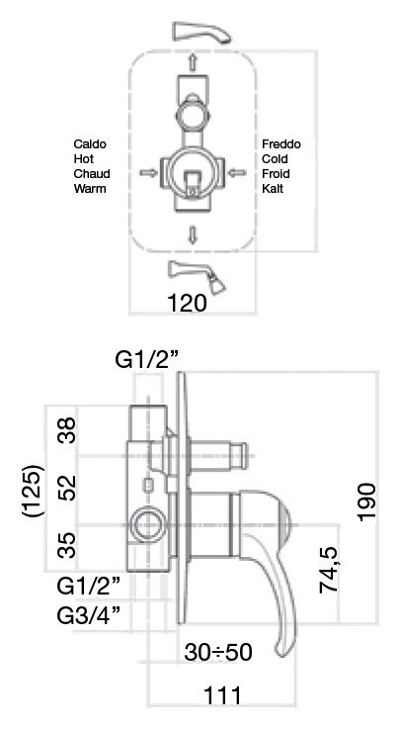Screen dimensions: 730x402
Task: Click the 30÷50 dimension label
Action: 219,653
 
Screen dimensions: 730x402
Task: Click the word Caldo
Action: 90,144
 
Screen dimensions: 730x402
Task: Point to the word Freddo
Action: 281,144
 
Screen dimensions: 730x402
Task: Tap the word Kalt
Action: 273,188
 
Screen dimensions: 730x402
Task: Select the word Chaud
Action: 91,173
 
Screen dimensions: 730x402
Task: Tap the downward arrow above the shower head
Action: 193,234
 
